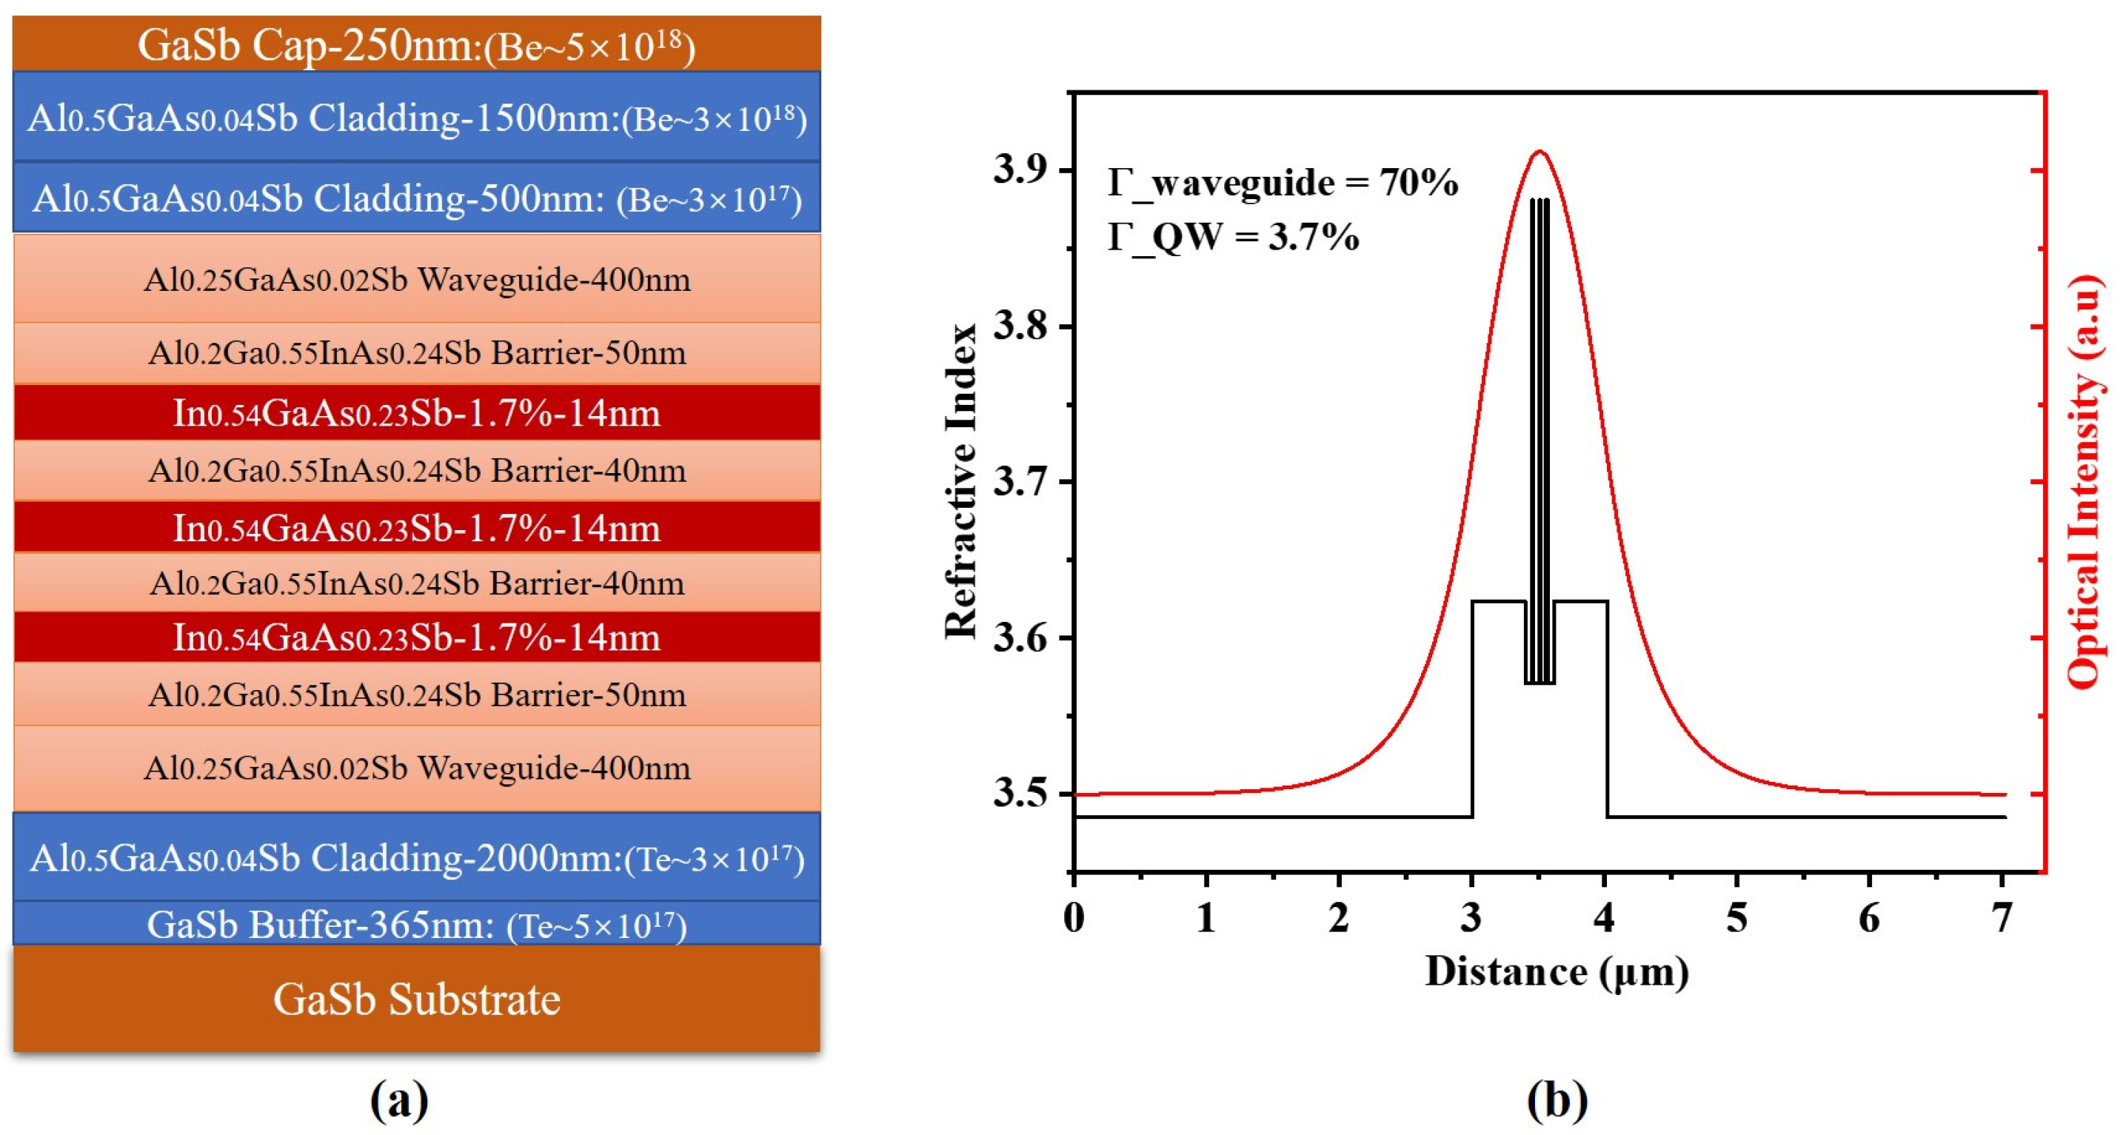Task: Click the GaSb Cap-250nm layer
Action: [x=416, y=44]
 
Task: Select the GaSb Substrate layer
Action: [x=416, y=999]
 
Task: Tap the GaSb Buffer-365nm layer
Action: [x=416, y=924]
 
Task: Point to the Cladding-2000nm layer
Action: [x=416, y=858]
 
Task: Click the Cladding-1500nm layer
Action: [x=416, y=118]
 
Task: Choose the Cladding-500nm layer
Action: [x=416, y=198]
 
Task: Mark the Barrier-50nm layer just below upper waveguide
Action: [x=416, y=352]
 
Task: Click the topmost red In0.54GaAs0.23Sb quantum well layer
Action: [x=416, y=412]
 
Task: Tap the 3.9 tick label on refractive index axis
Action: [x=1020, y=170]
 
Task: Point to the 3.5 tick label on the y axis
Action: [x=1020, y=794]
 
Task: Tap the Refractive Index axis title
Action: [x=961, y=481]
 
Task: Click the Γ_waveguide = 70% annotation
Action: [x=1283, y=182]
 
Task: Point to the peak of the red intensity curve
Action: [x=1539, y=152]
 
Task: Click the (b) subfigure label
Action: [x=1556, y=1100]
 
